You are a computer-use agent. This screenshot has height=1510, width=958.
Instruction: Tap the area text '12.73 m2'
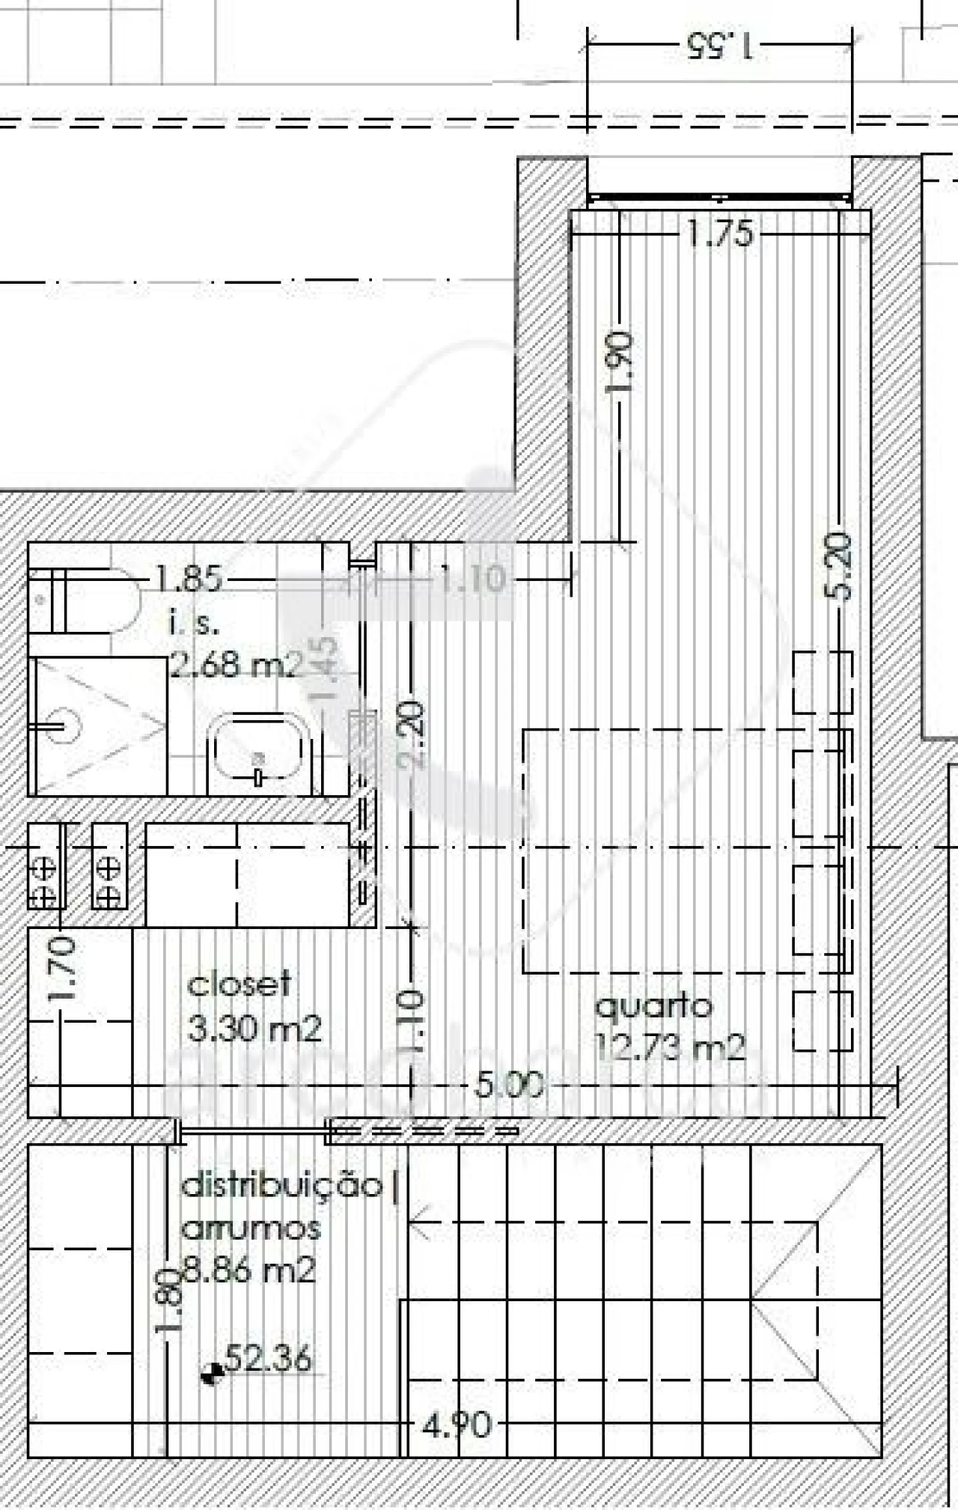[670, 1047]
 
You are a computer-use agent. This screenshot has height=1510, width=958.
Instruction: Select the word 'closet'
[238, 984]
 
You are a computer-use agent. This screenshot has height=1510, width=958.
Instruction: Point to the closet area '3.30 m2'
[254, 1029]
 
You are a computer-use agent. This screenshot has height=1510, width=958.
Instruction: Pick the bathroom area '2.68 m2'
[235, 663]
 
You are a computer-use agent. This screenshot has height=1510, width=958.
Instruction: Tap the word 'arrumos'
[251, 1229]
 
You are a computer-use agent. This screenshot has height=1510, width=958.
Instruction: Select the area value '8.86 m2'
[249, 1270]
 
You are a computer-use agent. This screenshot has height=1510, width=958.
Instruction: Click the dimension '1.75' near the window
[719, 234]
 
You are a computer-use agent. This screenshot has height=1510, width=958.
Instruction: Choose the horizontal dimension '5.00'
[508, 1085]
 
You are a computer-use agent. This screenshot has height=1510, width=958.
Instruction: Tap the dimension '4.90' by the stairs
[457, 1425]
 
